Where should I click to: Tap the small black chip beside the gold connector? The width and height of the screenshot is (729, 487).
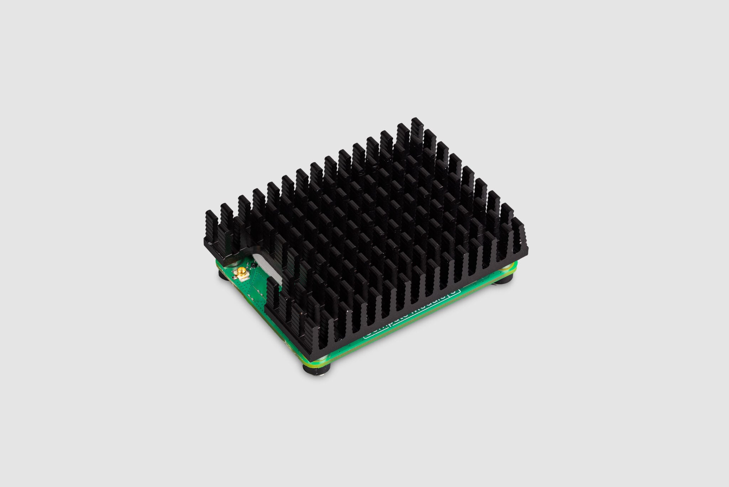(252, 265)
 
